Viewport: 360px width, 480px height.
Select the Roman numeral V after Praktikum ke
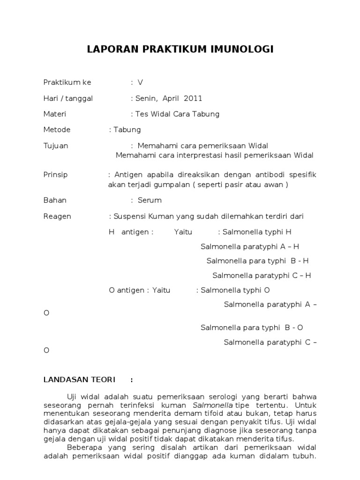(140, 82)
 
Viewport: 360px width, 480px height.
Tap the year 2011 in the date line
(193, 98)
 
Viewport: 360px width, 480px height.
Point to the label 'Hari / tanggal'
(68, 98)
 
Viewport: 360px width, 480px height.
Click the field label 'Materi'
(55, 114)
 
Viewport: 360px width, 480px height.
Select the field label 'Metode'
(57, 130)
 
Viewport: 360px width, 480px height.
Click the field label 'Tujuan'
(56, 146)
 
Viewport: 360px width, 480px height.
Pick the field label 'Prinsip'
(55, 175)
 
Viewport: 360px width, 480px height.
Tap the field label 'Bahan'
(55, 200)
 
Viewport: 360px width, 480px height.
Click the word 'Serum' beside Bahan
(150, 200)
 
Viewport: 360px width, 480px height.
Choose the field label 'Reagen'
(57, 216)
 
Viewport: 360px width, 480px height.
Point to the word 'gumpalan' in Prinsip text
(172, 184)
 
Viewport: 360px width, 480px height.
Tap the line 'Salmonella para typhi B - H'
(257, 261)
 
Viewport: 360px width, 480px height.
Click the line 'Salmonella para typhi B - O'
(252, 327)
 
